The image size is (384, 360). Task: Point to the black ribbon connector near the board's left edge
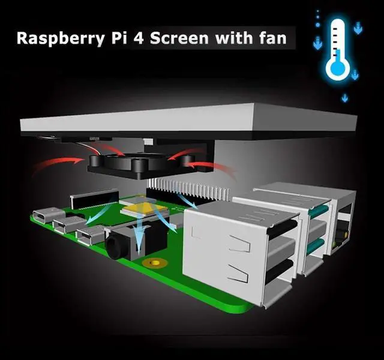click(x=94, y=198)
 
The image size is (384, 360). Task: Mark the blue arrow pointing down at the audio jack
click(x=140, y=234)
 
